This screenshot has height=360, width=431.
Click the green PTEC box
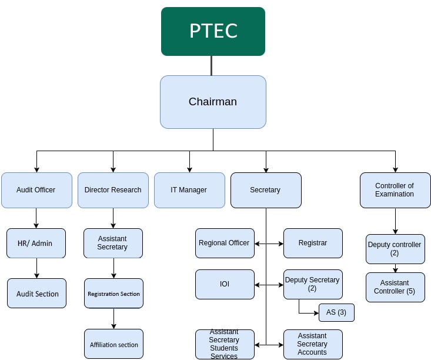(213, 31)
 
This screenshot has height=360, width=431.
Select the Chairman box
(213, 102)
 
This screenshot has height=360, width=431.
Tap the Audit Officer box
(36, 190)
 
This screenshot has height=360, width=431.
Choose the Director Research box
(113, 190)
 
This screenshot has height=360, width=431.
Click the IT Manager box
(189, 190)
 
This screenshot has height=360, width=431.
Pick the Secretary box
(266, 190)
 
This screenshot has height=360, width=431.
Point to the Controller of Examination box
(395, 190)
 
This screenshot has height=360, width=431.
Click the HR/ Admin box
(36, 243)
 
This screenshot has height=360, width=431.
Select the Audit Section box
(37, 294)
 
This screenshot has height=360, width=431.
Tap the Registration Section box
(113, 294)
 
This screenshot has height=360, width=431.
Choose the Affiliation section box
(113, 344)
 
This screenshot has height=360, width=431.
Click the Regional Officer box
(225, 243)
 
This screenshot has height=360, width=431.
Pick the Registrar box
(313, 243)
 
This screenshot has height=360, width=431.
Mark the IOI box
(225, 284)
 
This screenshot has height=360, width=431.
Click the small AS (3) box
(336, 312)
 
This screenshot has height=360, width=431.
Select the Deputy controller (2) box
(395, 249)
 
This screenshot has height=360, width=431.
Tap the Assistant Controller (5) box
(395, 287)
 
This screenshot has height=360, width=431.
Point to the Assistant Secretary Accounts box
(313, 344)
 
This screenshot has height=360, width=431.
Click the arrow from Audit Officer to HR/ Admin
(36, 218)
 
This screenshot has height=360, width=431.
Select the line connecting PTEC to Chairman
(212, 65)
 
